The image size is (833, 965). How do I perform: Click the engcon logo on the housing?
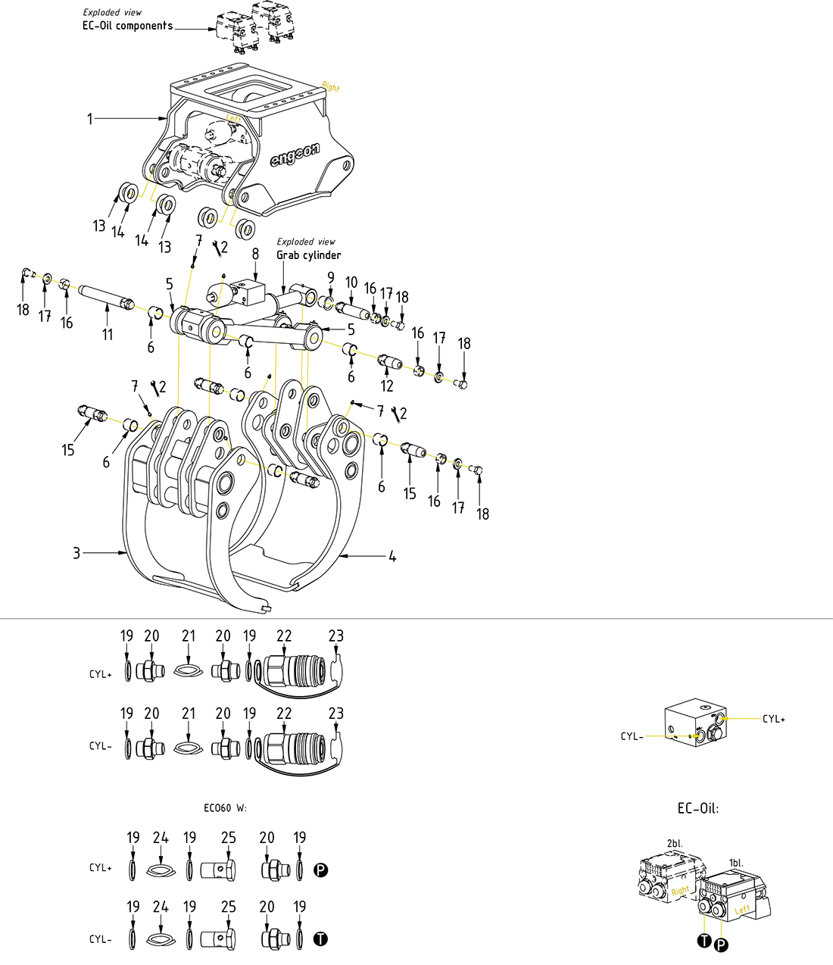pyautogui.click(x=295, y=156)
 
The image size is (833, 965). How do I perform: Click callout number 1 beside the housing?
pyautogui.click(x=90, y=118)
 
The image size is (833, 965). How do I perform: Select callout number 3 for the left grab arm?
pyautogui.click(x=76, y=554)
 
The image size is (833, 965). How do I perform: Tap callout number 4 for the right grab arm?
pyautogui.click(x=392, y=557)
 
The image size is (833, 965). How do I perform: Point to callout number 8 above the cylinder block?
pyautogui.click(x=256, y=254)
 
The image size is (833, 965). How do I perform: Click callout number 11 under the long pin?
pyautogui.click(x=108, y=334)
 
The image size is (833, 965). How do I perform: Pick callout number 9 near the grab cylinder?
pyautogui.click(x=331, y=278)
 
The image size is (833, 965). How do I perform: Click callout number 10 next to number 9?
pyautogui.click(x=351, y=283)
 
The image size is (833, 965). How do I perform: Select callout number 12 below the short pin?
pyautogui.click(x=388, y=386)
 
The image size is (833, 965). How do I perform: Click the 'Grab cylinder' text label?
pyautogui.click(x=308, y=255)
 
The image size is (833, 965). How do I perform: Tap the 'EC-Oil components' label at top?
pyautogui.click(x=127, y=26)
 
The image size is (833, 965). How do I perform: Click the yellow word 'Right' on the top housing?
pyautogui.click(x=331, y=87)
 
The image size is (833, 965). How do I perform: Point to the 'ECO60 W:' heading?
pyautogui.click(x=225, y=808)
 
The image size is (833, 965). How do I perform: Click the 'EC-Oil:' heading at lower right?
pyautogui.click(x=697, y=808)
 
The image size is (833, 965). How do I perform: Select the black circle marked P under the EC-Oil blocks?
pyautogui.click(x=721, y=945)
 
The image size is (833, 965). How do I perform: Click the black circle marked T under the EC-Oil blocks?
pyautogui.click(x=704, y=941)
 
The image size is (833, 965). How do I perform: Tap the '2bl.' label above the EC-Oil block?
pyautogui.click(x=674, y=843)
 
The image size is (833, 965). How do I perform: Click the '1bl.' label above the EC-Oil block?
pyautogui.click(x=736, y=863)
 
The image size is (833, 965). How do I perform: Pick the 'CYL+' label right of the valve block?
pyautogui.click(x=774, y=719)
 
